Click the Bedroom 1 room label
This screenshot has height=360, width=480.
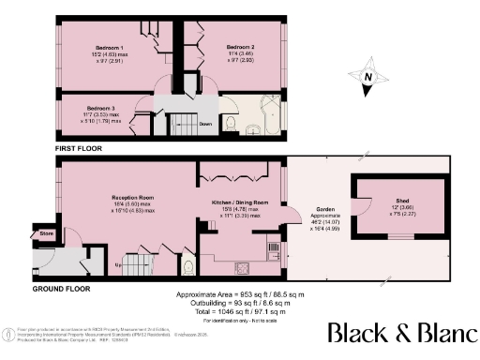(111, 47)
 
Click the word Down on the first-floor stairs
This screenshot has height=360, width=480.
(205, 121)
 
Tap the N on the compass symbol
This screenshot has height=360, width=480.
(370, 78)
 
